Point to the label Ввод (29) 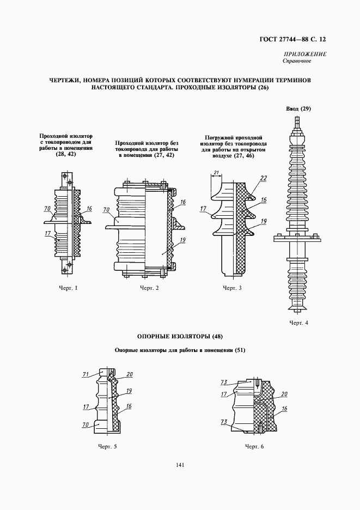click(298, 109)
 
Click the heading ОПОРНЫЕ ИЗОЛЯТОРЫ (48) click(180, 336)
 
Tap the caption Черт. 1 click(69, 288)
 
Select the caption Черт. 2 click(149, 288)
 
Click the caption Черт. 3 click(233, 288)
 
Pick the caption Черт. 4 click(298, 323)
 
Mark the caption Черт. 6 click(254, 447)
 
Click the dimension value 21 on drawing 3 click(216, 173)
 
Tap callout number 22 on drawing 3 click(264, 178)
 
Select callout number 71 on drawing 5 click(86, 374)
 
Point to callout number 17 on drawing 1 click(47, 234)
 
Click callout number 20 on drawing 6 click(284, 394)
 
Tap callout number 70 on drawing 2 click(106, 209)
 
